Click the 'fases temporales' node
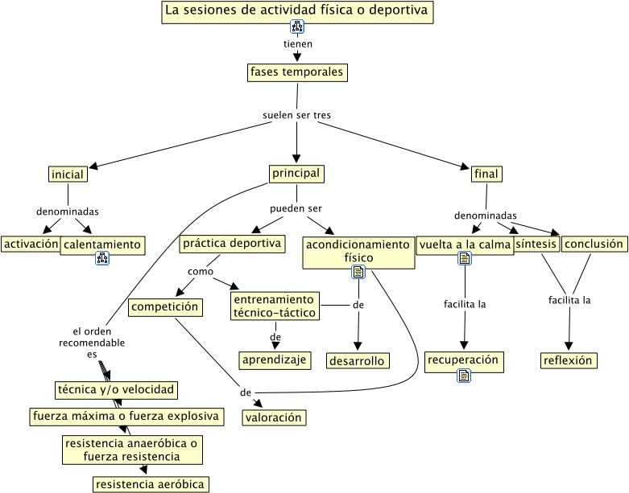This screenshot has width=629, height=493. tap(297, 72)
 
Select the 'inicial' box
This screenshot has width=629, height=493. tap(68, 175)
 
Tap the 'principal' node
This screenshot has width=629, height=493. tap(296, 174)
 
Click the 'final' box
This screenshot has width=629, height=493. tap(486, 175)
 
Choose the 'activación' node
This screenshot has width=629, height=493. tap(31, 244)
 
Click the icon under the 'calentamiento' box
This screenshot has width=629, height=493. tap(102, 258)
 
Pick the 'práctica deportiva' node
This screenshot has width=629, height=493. tap(232, 244)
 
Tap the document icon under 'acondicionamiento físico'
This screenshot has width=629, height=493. tap(358, 273)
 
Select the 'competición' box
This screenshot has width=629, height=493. tap(164, 306)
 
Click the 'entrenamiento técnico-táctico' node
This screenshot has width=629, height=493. tap(275, 306)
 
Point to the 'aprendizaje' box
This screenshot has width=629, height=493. tap(275, 359)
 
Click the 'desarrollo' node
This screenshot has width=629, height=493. tap(358, 361)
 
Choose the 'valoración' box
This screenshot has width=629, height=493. tap(275, 417)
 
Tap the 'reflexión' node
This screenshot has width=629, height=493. tap(569, 360)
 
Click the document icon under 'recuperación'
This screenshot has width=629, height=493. tap(466, 376)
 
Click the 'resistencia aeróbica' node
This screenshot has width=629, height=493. tap(151, 484)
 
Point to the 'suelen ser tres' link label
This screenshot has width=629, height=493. tap(296, 115)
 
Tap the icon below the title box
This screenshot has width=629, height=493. tap(297, 28)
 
